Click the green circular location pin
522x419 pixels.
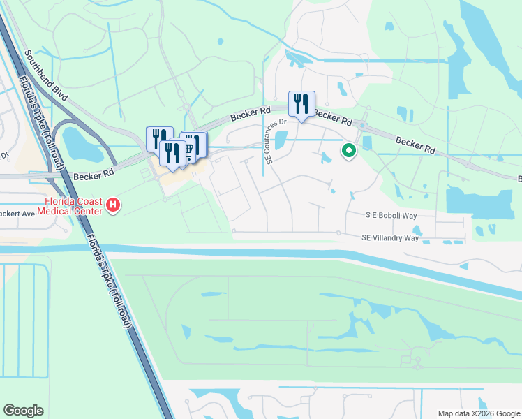(348, 150)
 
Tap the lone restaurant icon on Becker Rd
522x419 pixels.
(301, 104)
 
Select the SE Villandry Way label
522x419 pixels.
(390, 237)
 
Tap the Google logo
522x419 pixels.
(23, 411)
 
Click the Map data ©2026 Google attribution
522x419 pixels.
(478, 413)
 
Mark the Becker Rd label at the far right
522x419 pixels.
(415, 145)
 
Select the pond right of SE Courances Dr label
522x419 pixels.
(281, 140)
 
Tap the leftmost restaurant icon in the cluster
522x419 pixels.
(159, 138)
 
